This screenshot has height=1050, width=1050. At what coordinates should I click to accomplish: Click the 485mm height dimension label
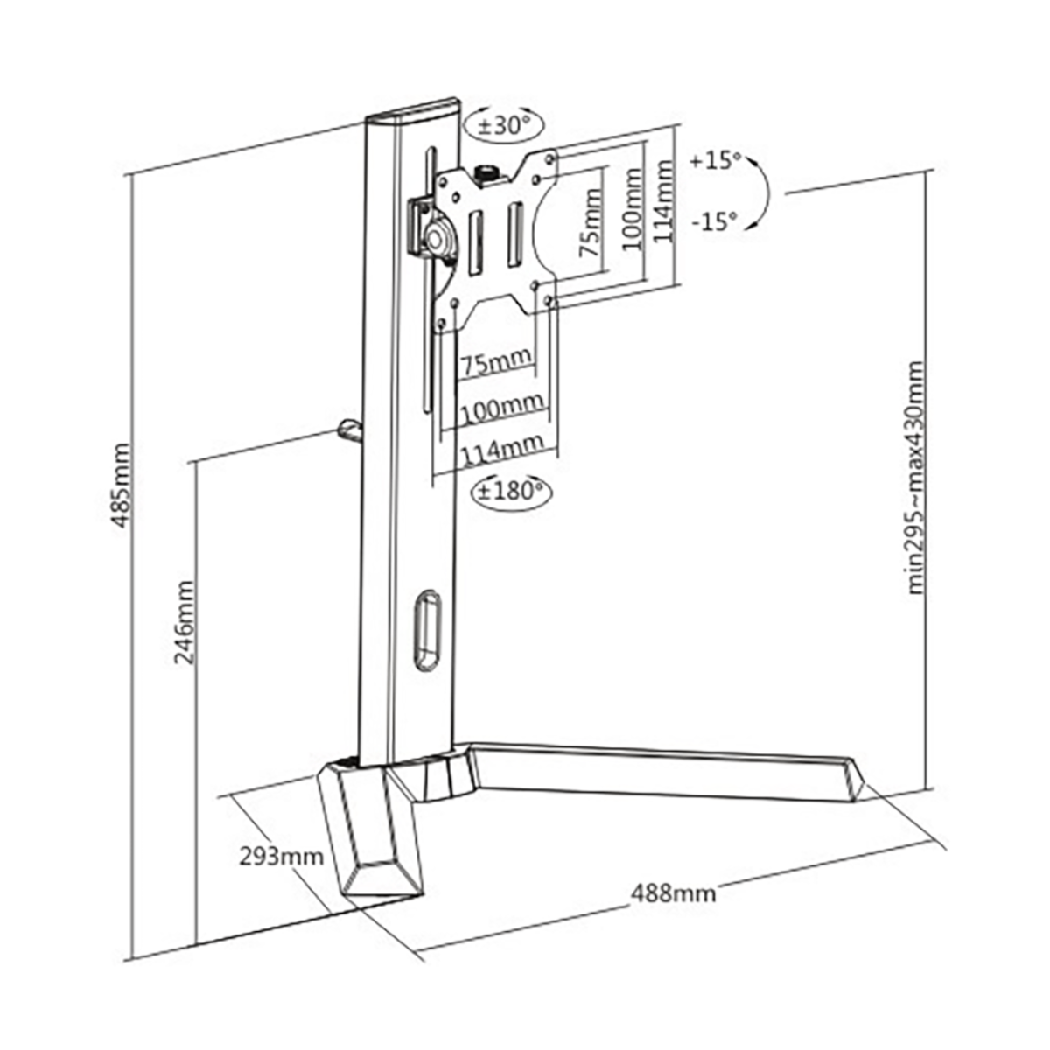122,486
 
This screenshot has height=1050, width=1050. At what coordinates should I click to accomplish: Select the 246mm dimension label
184,623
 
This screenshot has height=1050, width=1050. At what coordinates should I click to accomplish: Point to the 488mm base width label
673,908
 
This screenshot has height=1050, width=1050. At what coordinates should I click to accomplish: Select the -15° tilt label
714,221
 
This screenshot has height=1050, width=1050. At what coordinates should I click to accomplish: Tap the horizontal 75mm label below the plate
496,361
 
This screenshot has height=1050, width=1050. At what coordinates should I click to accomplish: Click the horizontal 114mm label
502,448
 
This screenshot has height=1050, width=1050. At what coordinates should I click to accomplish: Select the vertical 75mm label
590,223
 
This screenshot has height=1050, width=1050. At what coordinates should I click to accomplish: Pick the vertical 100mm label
633,209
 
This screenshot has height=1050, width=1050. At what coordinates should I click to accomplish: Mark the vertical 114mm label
662,201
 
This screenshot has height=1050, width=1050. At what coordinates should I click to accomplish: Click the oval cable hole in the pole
427,630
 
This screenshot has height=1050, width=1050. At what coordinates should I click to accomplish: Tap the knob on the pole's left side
350,431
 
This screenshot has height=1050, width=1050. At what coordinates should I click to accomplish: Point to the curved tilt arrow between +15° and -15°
766,192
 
